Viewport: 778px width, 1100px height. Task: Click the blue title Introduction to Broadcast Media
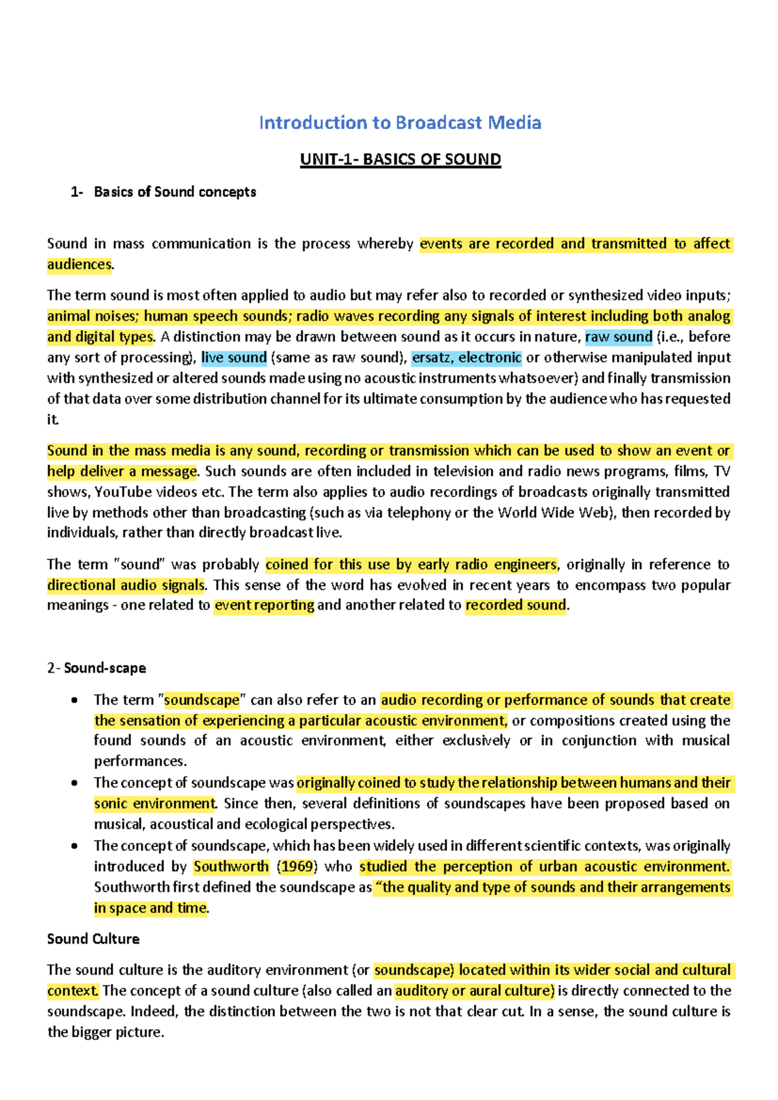pos(399,123)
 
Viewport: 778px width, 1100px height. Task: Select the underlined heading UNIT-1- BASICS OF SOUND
pos(400,160)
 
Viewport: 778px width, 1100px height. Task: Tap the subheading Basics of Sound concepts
pos(174,192)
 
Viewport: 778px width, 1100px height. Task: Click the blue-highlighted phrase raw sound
pos(618,337)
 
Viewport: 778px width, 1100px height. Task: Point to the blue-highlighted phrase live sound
pos(234,357)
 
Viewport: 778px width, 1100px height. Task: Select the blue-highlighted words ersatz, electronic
pos(466,357)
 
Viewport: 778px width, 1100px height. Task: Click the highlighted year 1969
pos(297,867)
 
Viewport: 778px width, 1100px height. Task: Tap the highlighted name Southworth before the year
pos(231,867)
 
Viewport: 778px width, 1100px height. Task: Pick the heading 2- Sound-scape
pos(97,668)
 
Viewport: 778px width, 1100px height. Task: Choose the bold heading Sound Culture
pos(93,939)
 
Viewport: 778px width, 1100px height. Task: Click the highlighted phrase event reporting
pos(264,605)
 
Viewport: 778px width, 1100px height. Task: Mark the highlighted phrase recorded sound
pos(516,605)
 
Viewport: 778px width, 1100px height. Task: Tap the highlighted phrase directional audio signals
pos(126,585)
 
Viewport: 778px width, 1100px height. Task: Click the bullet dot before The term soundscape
pos(75,700)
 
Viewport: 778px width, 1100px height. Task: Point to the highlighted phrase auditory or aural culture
pos(475,990)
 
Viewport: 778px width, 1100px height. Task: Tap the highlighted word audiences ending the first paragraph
pos(79,264)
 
